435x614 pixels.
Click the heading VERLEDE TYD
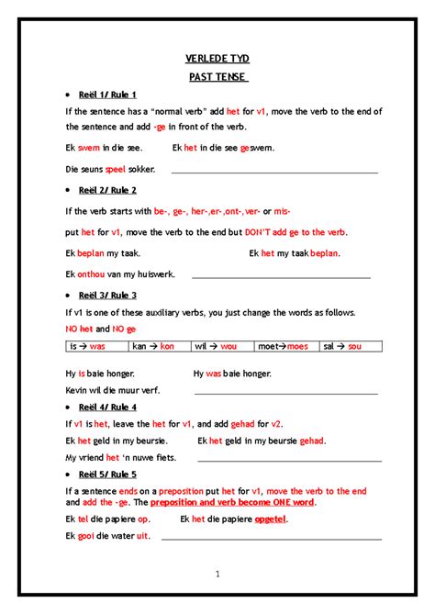click(217, 59)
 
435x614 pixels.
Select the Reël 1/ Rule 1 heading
click(107, 95)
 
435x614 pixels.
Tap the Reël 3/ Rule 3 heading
click(107, 296)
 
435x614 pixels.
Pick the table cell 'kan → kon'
click(153, 347)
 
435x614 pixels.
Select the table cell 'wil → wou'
click(217, 347)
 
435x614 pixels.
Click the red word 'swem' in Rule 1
click(89, 147)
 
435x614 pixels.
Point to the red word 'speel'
click(116, 169)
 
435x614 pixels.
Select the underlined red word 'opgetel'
click(270, 519)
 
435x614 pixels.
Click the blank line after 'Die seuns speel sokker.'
click(274, 172)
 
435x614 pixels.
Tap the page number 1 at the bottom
click(217, 575)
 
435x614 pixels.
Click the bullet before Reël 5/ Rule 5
click(69, 474)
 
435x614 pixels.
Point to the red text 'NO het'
click(79, 329)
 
